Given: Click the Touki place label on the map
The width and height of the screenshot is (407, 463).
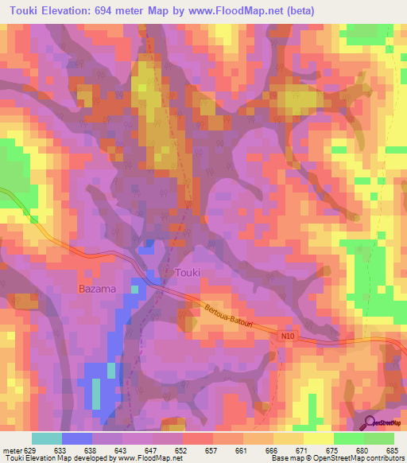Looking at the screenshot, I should (188, 273).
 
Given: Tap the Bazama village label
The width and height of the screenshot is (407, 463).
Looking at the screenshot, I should (98, 288).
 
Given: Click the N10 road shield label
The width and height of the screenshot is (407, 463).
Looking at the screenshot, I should (288, 337).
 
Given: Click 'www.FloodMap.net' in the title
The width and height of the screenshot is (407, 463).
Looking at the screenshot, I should (236, 11).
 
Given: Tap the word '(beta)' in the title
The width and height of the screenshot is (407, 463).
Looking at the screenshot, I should (300, 11).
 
